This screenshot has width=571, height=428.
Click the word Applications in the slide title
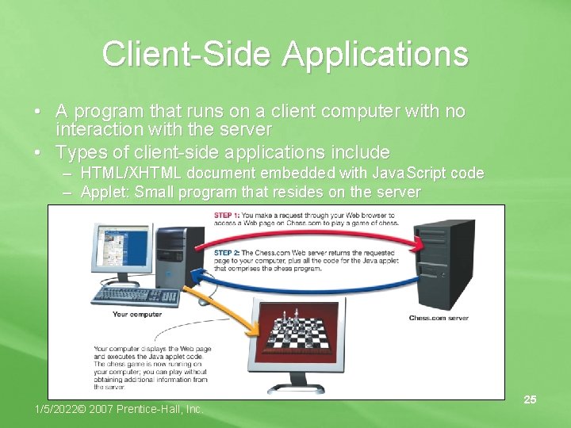[x=375, y=54]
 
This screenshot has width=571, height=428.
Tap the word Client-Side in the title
[x=186, y=54]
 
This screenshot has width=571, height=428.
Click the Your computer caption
[x=136, y=315]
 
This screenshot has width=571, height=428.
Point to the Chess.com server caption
[x=439, y=318]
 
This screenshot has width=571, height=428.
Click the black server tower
[x=444, y=265]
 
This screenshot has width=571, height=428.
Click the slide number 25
[x=530, y=400]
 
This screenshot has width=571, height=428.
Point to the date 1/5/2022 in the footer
[x=62, y=409]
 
